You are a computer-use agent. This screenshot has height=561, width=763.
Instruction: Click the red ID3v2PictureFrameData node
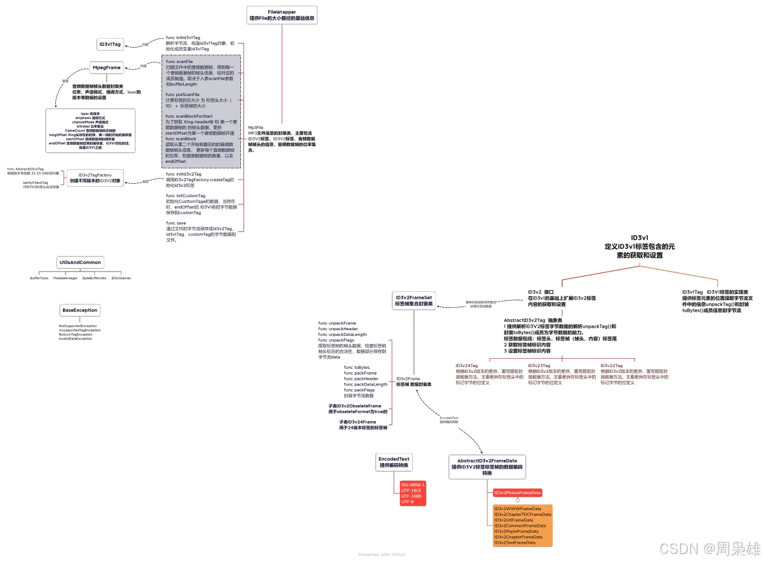coord(518,493)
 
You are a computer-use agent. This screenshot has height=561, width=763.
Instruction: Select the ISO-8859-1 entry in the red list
coord(413,485)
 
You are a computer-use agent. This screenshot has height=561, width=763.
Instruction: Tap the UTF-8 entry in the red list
coord(408,502)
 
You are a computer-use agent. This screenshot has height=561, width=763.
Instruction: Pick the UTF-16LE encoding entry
coord(411,491)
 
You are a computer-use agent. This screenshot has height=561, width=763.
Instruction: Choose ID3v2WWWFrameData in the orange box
coord(518,509)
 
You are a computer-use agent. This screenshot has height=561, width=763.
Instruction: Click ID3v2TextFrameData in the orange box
coord(515,543)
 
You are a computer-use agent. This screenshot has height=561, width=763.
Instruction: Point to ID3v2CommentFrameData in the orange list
coord(520,526)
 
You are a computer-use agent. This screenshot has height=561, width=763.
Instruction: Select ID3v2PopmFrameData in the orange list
coord(516,532)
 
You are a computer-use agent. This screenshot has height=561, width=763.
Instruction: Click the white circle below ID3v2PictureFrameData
coord(518,501)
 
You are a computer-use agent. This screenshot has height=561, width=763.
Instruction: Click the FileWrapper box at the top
coord(282,15)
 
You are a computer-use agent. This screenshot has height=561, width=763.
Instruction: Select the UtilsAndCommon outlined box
coord(110,45)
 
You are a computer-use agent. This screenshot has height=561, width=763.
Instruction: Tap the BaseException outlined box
coord(107,67)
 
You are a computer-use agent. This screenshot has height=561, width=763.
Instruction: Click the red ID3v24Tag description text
coord(490,375)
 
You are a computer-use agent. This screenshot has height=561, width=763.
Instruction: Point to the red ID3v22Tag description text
coord(634,375)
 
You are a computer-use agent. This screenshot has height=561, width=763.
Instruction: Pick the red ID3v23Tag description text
coord(562,375)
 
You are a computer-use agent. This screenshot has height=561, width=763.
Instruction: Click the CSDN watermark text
coord(708,548)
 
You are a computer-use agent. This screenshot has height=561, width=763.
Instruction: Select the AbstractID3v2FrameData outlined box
coord(487,467)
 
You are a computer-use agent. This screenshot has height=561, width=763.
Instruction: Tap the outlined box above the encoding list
coord(394,462)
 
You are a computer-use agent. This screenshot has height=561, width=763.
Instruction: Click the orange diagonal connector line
coord(679,273)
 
